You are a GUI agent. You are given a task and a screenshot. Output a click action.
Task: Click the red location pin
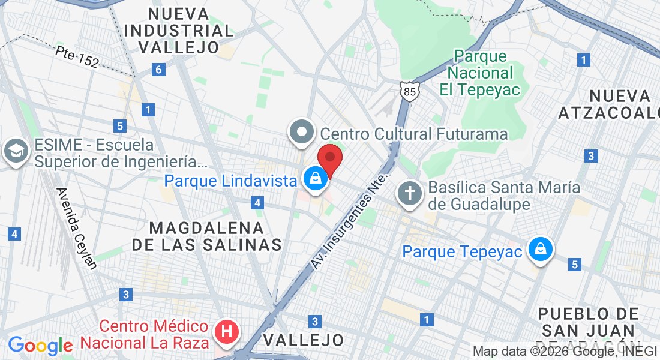click(x=329, y=158)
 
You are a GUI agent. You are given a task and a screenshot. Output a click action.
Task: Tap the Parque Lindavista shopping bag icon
click(x=314, y=178)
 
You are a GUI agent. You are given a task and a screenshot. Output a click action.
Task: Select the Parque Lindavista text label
click(x=231, y=180)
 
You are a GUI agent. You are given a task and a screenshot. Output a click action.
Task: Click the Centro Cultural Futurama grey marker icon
click(x=301, y=131)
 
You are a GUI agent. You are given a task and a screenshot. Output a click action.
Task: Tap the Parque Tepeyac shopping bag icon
click(x=540, y=249)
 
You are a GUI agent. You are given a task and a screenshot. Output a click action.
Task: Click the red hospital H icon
click(x=227, y=332)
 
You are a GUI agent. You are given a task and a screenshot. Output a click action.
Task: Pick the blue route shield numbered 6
click(x=158, y=70)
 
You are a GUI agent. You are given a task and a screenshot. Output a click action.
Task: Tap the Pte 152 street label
click(x=76, y=57)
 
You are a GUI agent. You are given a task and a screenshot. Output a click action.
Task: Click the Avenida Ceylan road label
click(x=76, y=229)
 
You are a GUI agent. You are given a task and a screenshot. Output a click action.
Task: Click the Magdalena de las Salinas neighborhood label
click(x=206, y=236)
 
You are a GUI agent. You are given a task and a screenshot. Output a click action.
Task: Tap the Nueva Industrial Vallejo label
click(x=181, y=31)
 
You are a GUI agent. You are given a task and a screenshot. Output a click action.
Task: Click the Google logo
click(x=40, y=346)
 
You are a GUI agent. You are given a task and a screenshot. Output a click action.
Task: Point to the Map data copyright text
click(x=565, y=352)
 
